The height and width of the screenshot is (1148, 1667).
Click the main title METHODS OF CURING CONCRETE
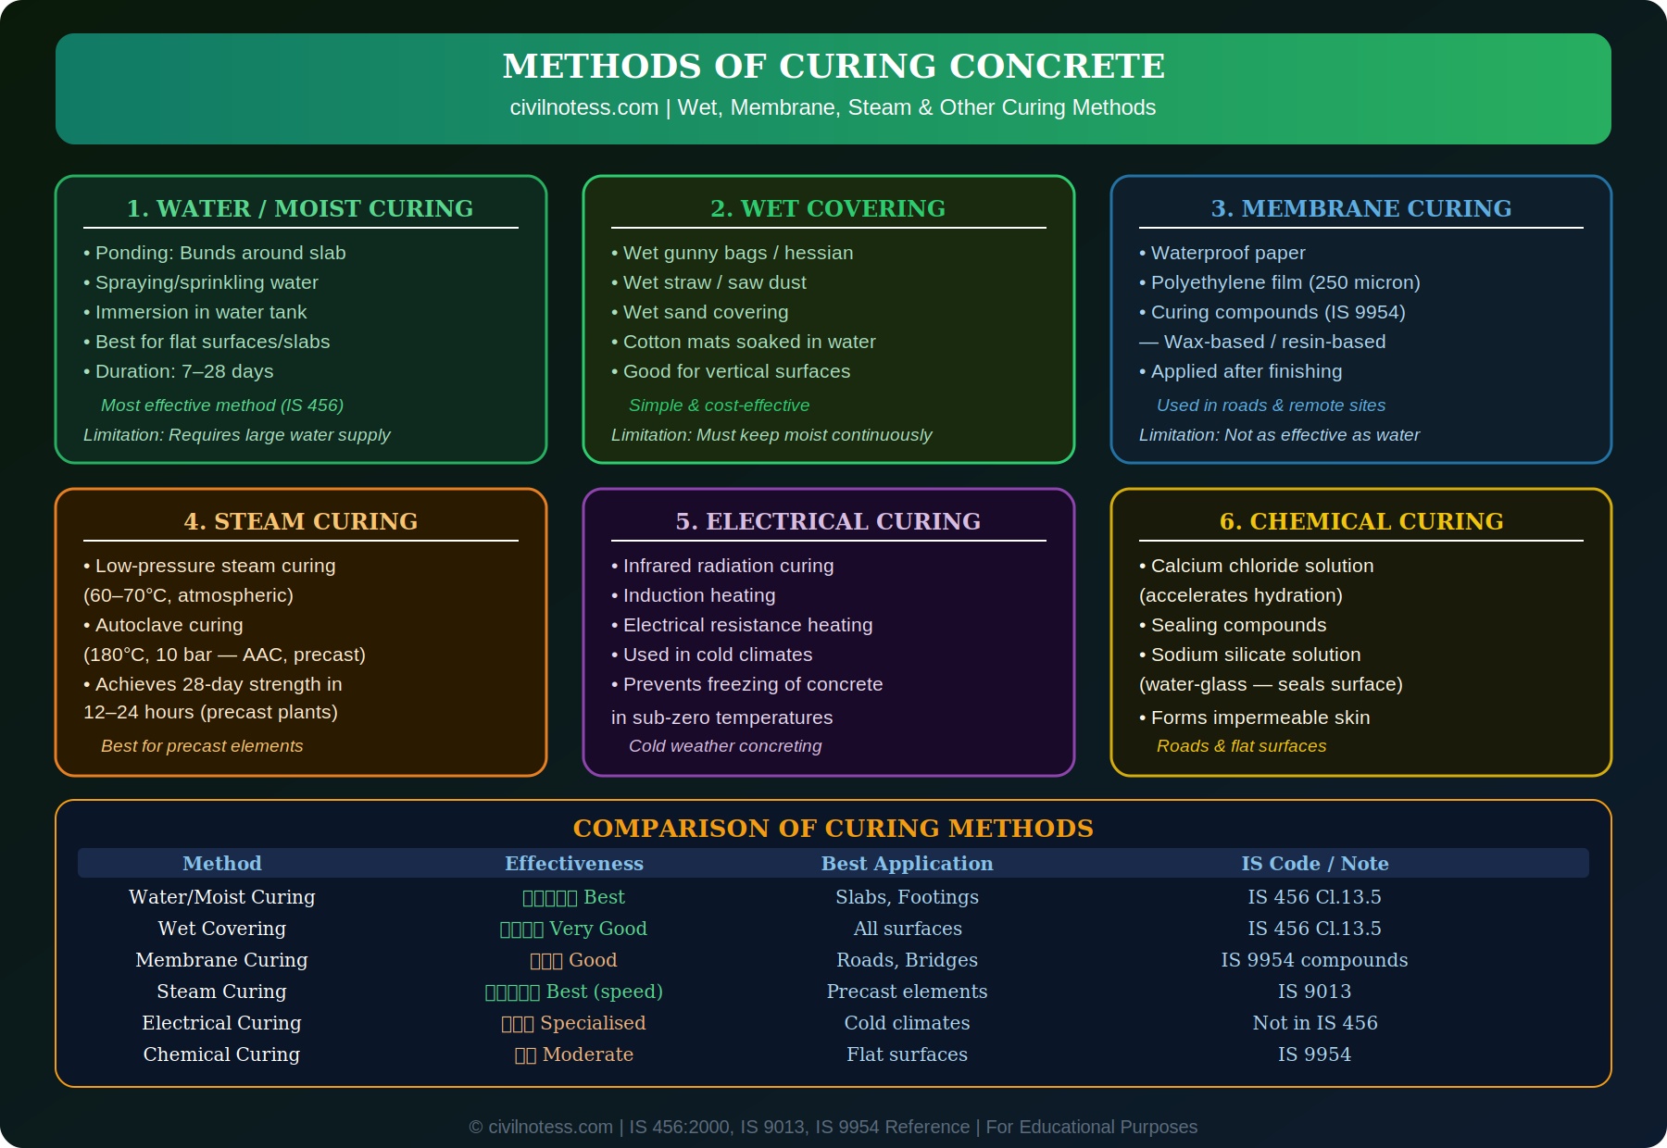point(833,67)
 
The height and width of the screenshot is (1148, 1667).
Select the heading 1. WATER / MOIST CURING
point(300,208)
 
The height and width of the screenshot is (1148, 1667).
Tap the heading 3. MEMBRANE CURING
point(1360,208)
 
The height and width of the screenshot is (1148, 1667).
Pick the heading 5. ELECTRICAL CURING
point(828,521)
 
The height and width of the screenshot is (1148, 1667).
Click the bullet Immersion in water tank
point(200,312)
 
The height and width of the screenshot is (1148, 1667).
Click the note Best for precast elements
point(202,745)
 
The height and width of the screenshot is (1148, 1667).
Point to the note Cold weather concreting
point(725,745)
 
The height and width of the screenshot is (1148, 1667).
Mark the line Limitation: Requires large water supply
point(237,434)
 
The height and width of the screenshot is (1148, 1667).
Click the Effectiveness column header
point(574,863)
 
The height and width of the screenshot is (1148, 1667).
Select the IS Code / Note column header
point(1314,863)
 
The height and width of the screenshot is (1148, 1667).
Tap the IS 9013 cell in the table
point(1314,992)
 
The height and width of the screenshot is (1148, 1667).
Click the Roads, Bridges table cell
point(907,960)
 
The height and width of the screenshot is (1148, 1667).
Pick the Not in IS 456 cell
point(1314,1023)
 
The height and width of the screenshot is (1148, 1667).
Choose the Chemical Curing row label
point(221,1054)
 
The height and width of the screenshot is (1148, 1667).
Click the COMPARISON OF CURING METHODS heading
point(833,828)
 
